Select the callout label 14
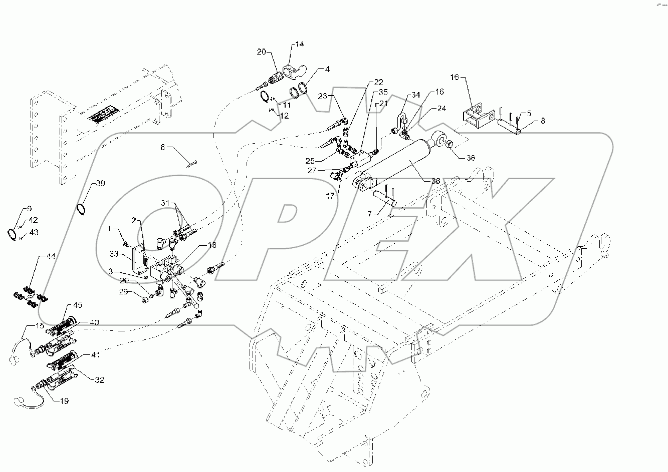299,45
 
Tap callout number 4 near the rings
327,70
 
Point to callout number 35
383,92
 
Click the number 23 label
322,96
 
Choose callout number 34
415,95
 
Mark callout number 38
470,158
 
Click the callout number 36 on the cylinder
435,181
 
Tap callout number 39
100,184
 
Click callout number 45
79,305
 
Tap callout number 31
166,202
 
